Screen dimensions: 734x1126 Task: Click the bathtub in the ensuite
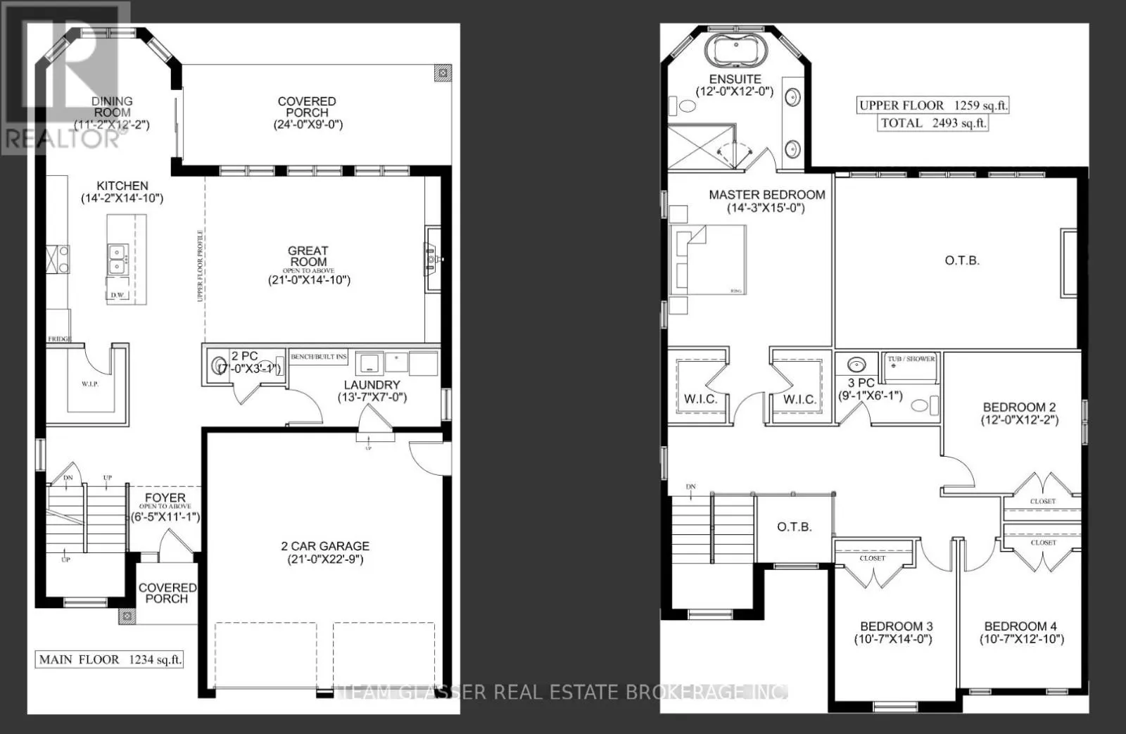(735, 51)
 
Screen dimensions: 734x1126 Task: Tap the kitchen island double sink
(117, 259)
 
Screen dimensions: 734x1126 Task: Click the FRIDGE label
(58, 339)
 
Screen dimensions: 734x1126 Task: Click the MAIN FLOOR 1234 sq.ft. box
(110, 660)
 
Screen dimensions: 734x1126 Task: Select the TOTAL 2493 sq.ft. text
(933, 123)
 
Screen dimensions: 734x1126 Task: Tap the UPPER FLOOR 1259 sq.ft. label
(933, 106)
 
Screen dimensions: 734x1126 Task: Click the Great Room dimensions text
(308, 280)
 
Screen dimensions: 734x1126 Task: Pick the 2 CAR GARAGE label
(325, 546)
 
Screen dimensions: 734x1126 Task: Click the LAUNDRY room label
(372, 385)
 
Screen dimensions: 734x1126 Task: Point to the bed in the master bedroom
(707, 259)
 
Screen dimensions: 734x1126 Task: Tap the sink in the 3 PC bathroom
(856, 365)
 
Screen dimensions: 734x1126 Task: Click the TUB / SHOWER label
(911, 359)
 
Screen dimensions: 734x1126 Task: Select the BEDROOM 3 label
(896, 626)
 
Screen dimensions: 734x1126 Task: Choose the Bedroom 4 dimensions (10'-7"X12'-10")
(1021, 639)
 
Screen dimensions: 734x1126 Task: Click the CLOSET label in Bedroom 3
(873, 558)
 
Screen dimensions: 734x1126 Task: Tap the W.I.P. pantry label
(89, 384)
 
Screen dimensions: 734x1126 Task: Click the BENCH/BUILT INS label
(319, 357)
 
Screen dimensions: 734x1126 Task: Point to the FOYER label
(165, 498)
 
